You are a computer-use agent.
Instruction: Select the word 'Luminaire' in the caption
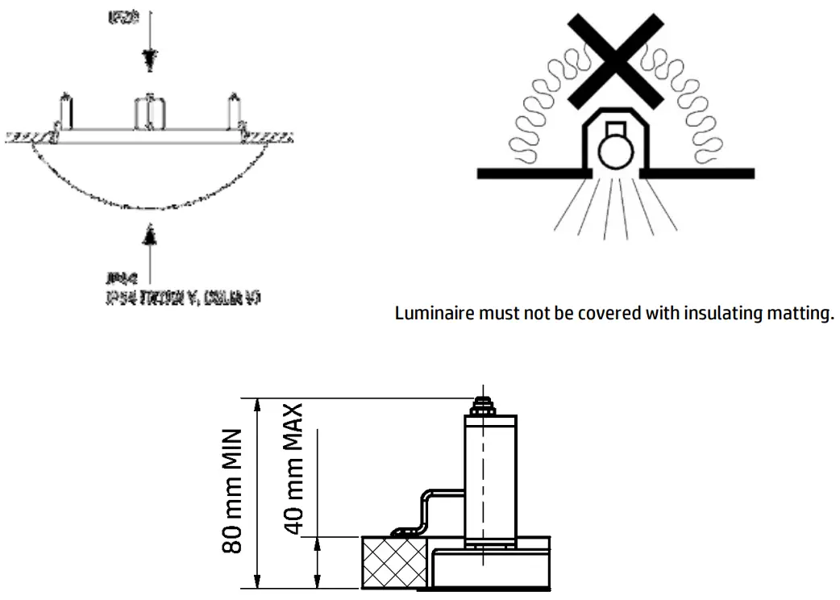(x=427, y=314)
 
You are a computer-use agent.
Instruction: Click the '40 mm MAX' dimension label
(x=295, y=469)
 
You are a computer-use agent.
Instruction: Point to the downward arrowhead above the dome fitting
(x=146, y=59)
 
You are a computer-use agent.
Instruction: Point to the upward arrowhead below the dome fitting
(x=147, y=235)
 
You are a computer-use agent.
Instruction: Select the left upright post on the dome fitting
(x=64, y=110)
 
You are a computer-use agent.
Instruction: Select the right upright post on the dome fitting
(x=234, y=110)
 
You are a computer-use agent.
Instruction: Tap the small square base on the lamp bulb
(x=616, y=129)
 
